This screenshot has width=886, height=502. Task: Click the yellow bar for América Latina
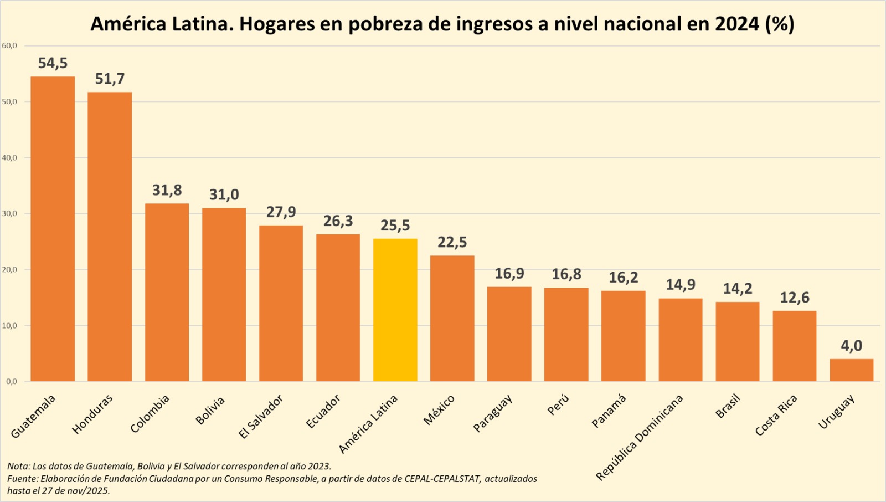395,310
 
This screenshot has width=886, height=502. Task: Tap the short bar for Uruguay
851,370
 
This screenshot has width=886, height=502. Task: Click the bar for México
452,319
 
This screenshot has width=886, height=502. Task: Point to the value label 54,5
53,63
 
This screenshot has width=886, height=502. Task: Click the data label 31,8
167,190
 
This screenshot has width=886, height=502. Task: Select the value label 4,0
851,346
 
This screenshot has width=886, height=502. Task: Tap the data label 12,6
794,298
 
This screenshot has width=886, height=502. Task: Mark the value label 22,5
452,242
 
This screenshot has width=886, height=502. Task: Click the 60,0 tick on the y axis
9,45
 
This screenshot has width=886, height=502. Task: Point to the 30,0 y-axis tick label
9,213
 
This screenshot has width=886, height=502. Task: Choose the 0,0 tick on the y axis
12,381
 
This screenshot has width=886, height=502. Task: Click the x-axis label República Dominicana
640,438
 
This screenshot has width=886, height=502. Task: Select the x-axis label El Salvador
261,417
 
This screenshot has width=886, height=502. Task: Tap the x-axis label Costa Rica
776,415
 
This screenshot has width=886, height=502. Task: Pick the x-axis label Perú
558,405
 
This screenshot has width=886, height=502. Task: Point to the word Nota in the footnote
18,467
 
